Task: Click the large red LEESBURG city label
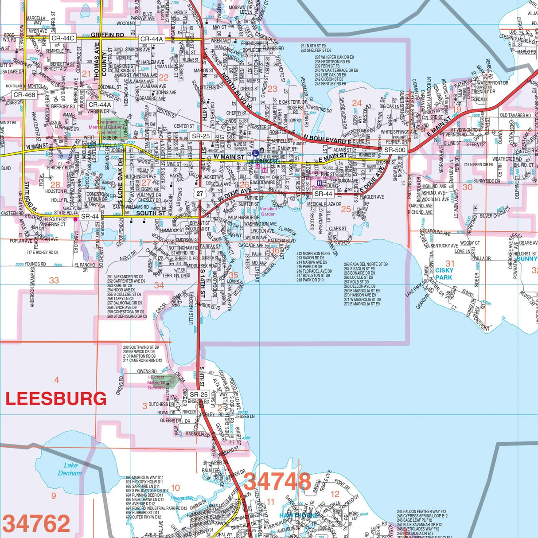(x=56, y=399)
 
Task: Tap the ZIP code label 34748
(x=277, y=482)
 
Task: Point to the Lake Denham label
(x=70, y=469)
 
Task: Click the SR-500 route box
(x=394, y=150)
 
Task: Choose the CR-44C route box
(x=62, y=39)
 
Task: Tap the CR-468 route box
(x=24, y=95)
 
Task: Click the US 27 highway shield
(x=200, y=193)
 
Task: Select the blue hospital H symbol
(x=319, y=183)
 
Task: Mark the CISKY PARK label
(x=444, y=274)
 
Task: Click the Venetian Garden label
(x=268, y=211)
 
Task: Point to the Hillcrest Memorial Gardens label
(x=156, y=382)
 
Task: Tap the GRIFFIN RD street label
(x=108, y=35)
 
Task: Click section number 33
(x=54, y=280)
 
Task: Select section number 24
(x=357, y=103)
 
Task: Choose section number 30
(x=468, y=187)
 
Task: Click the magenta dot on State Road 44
(x=76, y=219)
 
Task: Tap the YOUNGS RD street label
(x=35, y=264)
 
